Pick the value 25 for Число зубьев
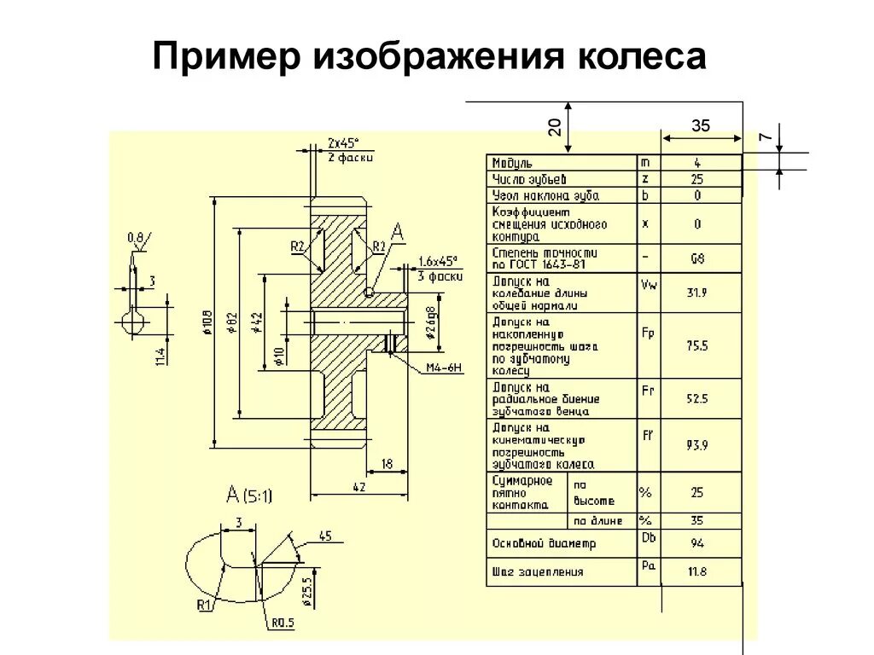coord(697,179)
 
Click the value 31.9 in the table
coord(697,293)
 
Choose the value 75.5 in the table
coord(697,345)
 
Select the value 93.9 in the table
coord(697,444)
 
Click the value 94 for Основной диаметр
coord(697,543)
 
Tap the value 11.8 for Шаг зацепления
coord(697,571)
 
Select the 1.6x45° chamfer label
coord(439,262)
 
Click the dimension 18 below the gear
coord(387,463)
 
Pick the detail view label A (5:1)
coord(249,495)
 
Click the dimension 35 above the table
coord(701,125)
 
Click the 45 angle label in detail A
coord(325,536)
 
